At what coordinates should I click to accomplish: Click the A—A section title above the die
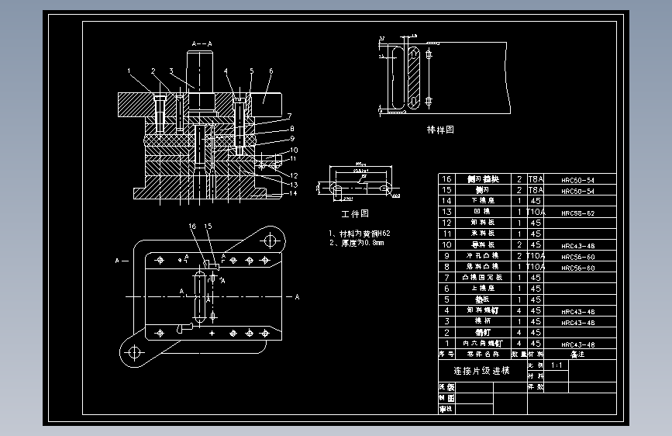coord(202,43)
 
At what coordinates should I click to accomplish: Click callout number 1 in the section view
coord(129,71)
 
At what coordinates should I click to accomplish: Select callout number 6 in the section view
coord(271,71)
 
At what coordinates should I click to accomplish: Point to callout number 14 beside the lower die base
coord(294,194)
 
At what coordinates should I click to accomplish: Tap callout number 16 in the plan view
coord(192,227)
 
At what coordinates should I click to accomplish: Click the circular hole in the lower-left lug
coord(133,352)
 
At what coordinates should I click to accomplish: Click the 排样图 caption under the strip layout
coord(440,130)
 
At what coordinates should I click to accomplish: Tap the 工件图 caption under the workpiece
coord(355,213)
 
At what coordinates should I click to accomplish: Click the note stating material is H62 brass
coord(359,233)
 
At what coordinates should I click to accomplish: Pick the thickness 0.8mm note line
coord(356,243)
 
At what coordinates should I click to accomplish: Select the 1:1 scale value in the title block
coord(557,365)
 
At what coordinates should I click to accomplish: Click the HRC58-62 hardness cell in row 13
coord(577,212)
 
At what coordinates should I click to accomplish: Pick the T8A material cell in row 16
coord(536,179)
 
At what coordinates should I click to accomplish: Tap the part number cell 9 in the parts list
coord(446,255)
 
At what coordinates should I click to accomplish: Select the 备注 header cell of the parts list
coord(577,353)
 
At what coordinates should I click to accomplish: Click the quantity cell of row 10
coord(519,244)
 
